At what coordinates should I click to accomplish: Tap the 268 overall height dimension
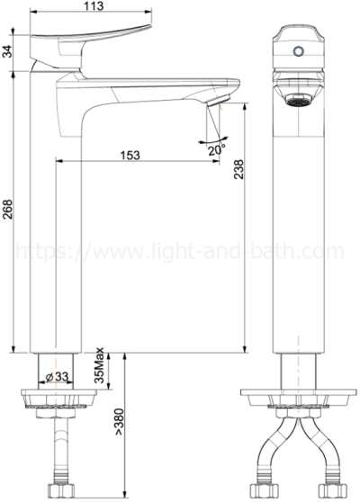(x=8, y=211)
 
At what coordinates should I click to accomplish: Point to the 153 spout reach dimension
(x=130, y=155)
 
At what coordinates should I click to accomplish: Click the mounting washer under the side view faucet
(x=58, y=397)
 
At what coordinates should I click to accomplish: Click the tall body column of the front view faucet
(x=295, y=225)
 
